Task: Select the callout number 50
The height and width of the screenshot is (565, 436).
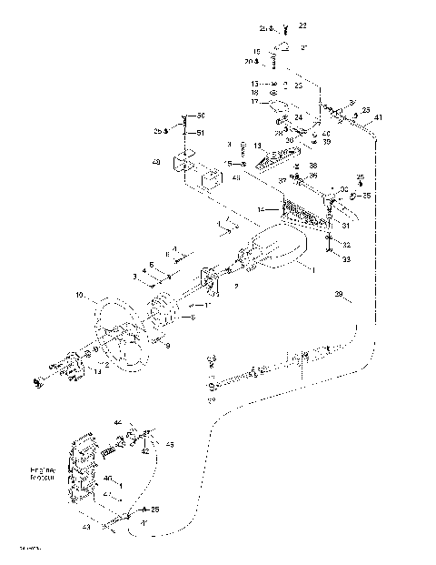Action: point(201,116)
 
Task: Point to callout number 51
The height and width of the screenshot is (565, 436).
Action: point(201,133)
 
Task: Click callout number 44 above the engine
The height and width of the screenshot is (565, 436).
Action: point(118,423)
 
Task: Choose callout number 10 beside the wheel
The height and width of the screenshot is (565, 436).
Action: point(79,296)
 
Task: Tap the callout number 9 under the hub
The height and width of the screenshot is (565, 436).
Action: point(168,345)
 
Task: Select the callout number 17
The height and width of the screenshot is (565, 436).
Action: point(254,102)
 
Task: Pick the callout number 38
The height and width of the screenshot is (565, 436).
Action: point(312,166)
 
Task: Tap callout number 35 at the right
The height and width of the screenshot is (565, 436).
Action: point(366,196)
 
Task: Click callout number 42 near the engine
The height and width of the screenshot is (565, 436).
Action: point(144,450)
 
